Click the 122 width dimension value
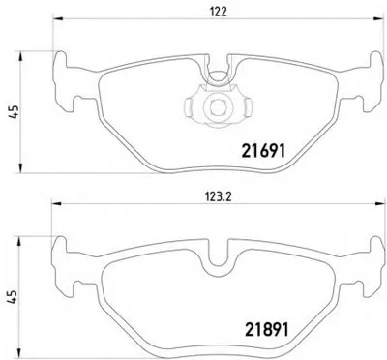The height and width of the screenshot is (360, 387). coord(219,12)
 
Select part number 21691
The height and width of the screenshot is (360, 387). coord(263,151)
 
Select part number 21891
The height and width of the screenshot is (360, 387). coord(267,329)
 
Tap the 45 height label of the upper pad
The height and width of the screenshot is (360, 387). coord(14,112)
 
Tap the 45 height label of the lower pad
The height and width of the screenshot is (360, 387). coord(12,296)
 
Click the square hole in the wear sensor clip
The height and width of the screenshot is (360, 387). coord(215,106)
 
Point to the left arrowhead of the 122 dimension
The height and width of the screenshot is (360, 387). coord(56,19)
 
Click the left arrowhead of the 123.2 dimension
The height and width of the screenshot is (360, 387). coord(56,203)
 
